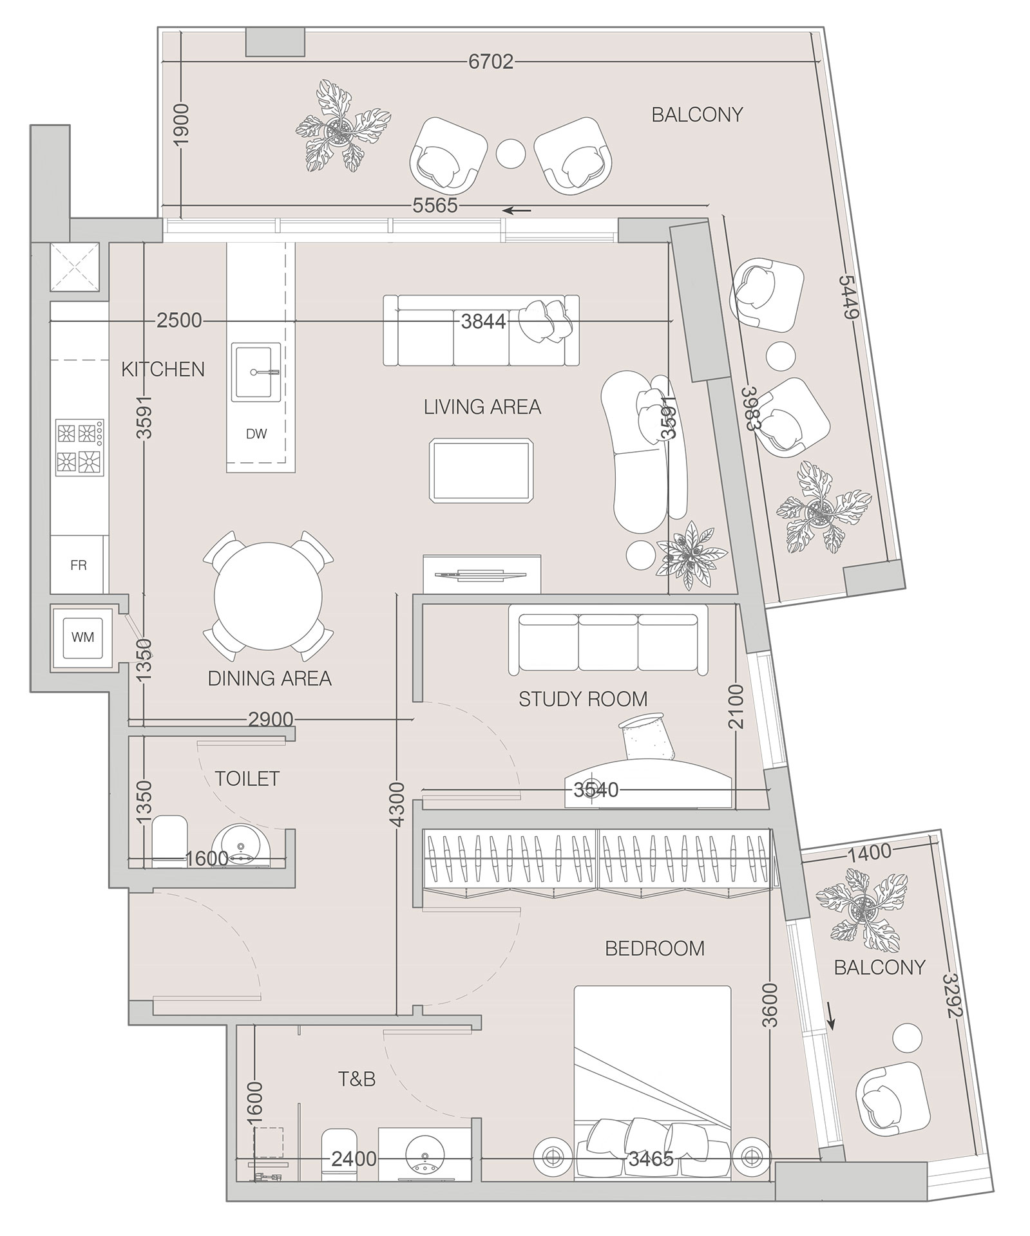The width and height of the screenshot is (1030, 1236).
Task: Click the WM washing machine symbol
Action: click(x=82, y=637)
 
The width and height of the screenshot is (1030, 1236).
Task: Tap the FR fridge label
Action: click(x=79, y=566)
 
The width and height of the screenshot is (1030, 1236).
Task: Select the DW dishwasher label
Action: click(x=256, y=434)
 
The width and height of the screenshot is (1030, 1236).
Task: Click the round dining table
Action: click(x=269, y=597)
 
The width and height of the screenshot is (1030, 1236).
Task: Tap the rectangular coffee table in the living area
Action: click(x=482, y=470)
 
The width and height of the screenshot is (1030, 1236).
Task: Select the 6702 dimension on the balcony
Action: click(x=491, y=62)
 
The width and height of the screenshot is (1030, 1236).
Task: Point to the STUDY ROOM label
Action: click(x=583, y=699)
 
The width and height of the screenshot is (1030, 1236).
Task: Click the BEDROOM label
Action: click(x=654, y=948)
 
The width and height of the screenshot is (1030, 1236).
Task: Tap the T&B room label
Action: click(x=357, y=1079)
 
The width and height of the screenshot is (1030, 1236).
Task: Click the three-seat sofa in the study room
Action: click(x=607, y=644)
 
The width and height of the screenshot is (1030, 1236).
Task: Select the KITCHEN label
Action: click(x=163, y=370)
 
